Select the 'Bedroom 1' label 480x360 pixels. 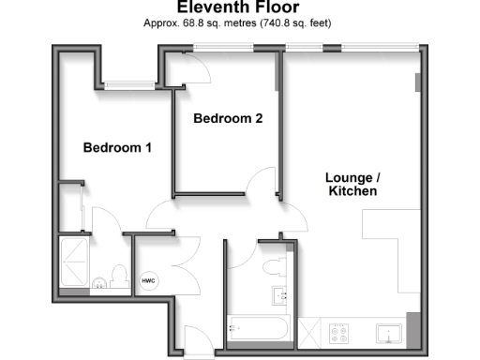(x=117, y=148)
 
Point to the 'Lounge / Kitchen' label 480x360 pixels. (x=352, y=184)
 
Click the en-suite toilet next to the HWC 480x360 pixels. (x=118, y=276)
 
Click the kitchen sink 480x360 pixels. (x=389, y=332)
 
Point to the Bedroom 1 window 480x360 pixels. (x=128, y=85)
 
